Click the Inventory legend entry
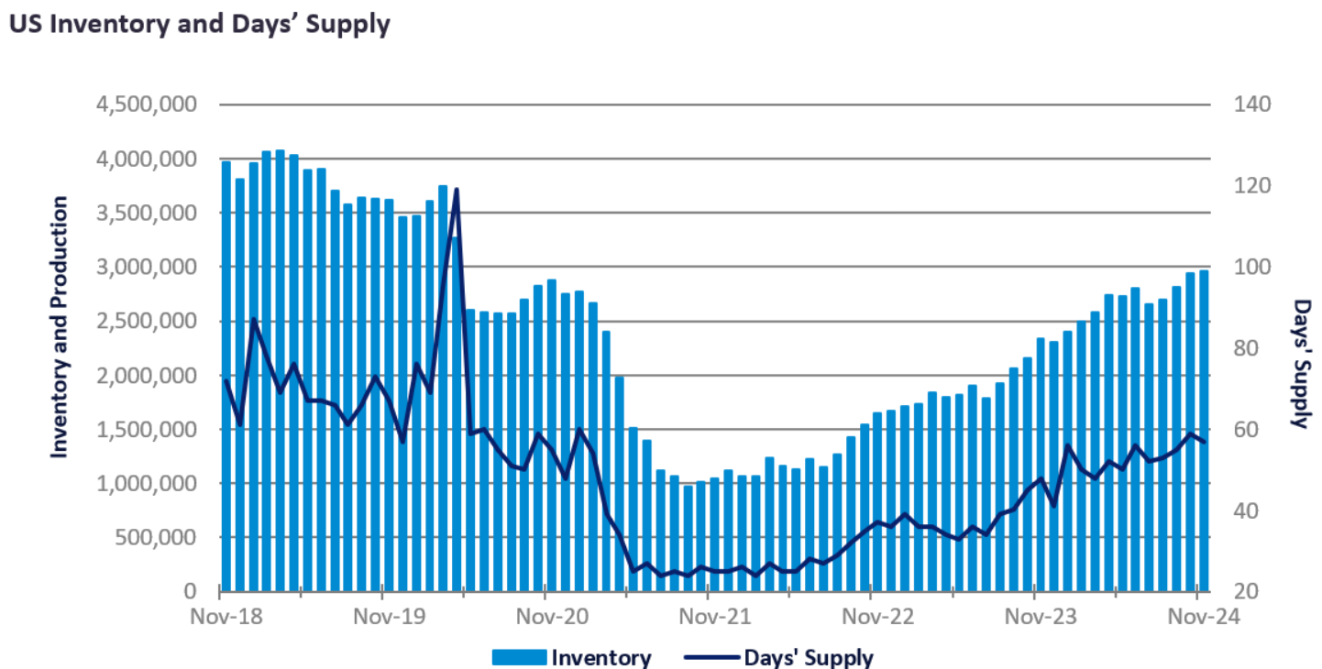(600, 657)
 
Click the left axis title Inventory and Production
(59, 327)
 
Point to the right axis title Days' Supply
(1300, 363)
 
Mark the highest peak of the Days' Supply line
(456, 189)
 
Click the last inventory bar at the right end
(1203, 431)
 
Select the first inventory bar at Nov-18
(226, 376)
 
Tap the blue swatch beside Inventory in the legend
(519, 657)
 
